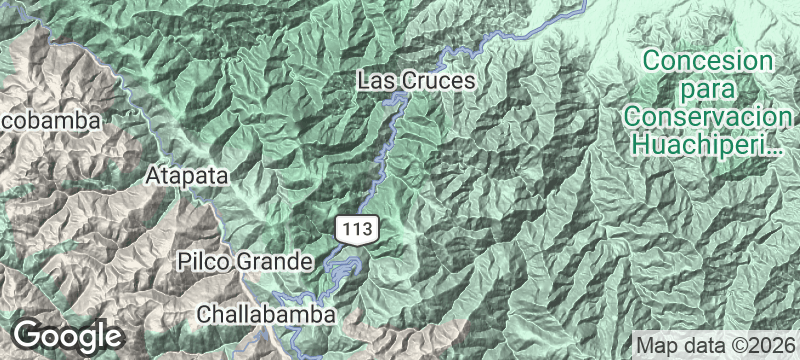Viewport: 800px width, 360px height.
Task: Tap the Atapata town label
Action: pyautogui.click(x=187, y=176)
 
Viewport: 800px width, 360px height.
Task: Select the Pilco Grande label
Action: pyautogui.click(x=245, y=262)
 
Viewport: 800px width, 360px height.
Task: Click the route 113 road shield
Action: pyautogui.click(x=357, y=230)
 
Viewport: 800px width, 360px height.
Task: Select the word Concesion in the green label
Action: pyautogui.click(x=709, y=61)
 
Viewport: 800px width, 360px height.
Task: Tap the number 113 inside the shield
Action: pyautogui.click(x=357, y=230)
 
